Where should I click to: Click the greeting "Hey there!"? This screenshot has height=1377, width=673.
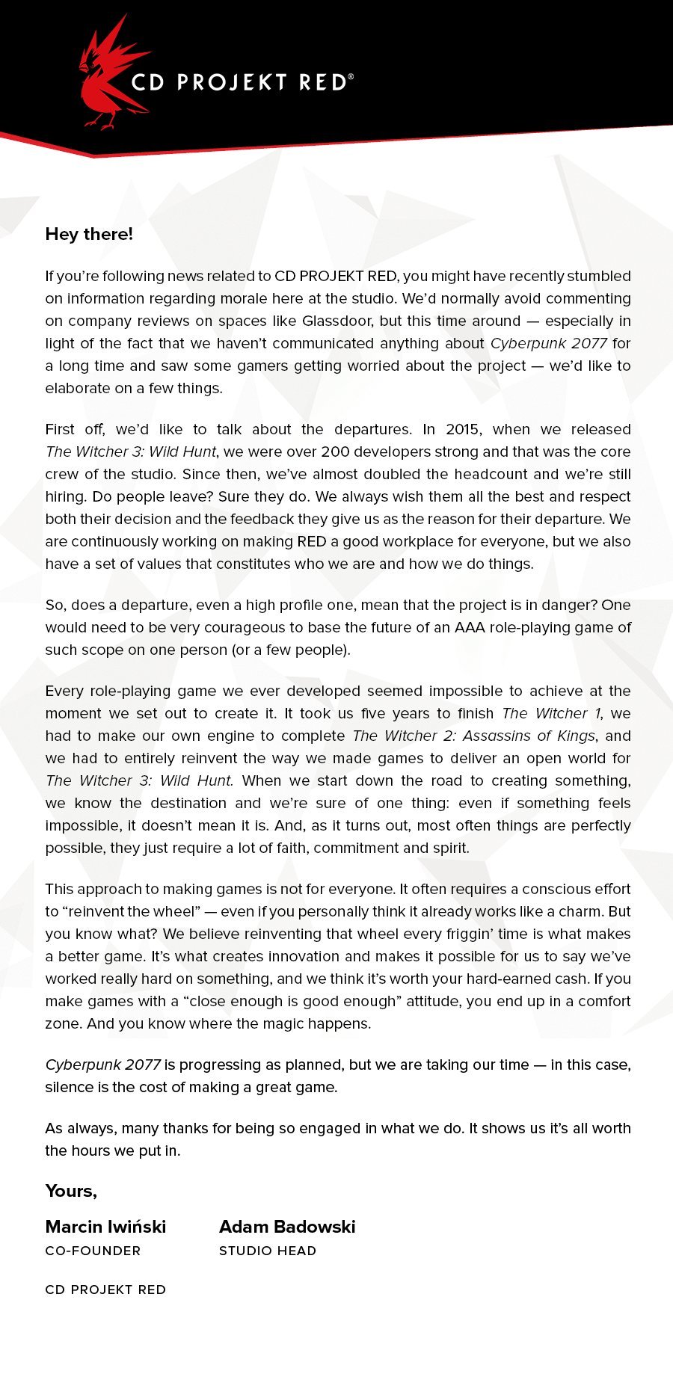[x=89, y=234]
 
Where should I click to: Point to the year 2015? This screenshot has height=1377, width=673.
[x=464, y=429]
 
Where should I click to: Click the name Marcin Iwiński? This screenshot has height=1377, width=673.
[x=105, y=1227]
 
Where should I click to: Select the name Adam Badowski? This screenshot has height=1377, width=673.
[x=287, y=1227]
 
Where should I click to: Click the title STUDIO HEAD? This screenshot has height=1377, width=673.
[x=268, y=1251]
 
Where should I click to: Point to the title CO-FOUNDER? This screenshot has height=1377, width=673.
[x=93, y=1251]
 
